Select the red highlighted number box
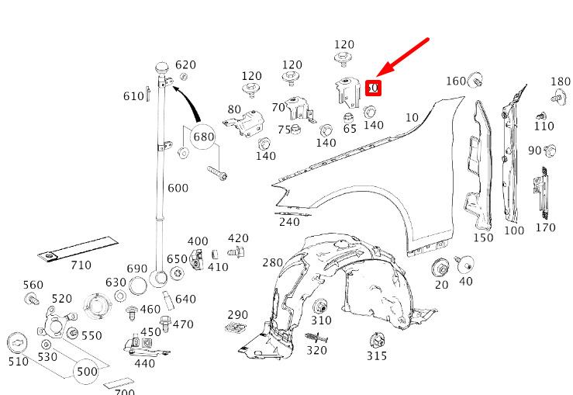[x=373, y=88]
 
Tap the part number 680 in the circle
[x=203, y=137]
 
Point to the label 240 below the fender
[x=289, y=222]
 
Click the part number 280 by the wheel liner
[x=273, y=262]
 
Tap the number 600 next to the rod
[x=178, y=188]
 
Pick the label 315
[x=377, y=356]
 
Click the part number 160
[x=455, y=81]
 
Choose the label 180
[x=561, y=81]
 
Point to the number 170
[x=545, y=228]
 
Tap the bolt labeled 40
[x=465, y=264]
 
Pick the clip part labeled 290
[x=237, y=329]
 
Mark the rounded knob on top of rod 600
[x=163, y=66]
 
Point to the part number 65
[x=350, y=130]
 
